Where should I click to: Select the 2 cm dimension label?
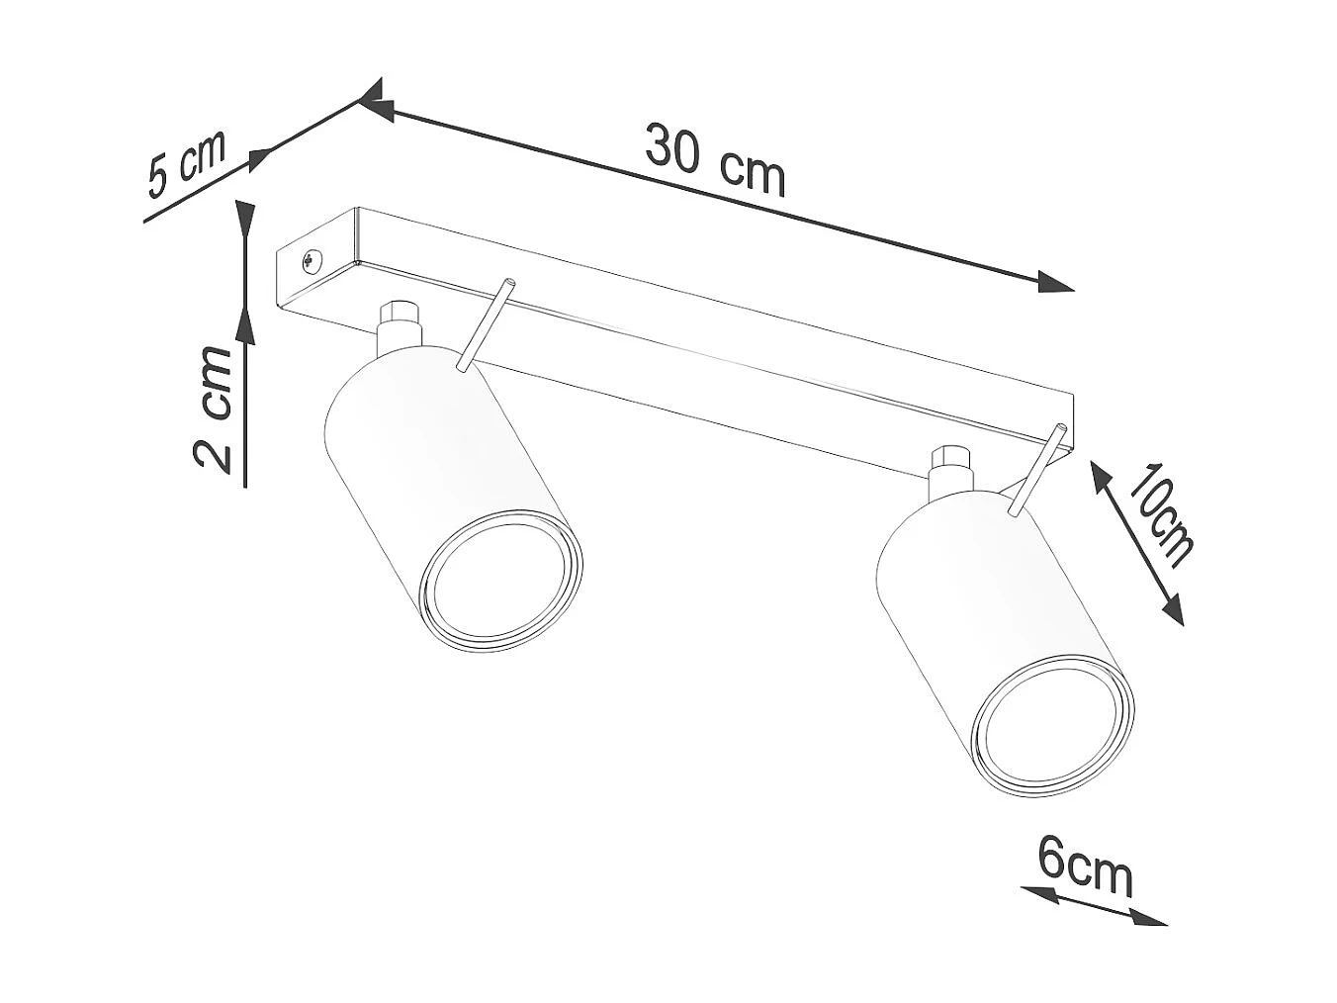pos(215,409)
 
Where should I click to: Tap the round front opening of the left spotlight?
pos(499,581)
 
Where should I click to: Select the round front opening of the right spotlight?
pos(1051,727)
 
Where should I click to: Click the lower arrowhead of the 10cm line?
pos(1173,610)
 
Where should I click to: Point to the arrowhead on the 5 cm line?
pos(259,158)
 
